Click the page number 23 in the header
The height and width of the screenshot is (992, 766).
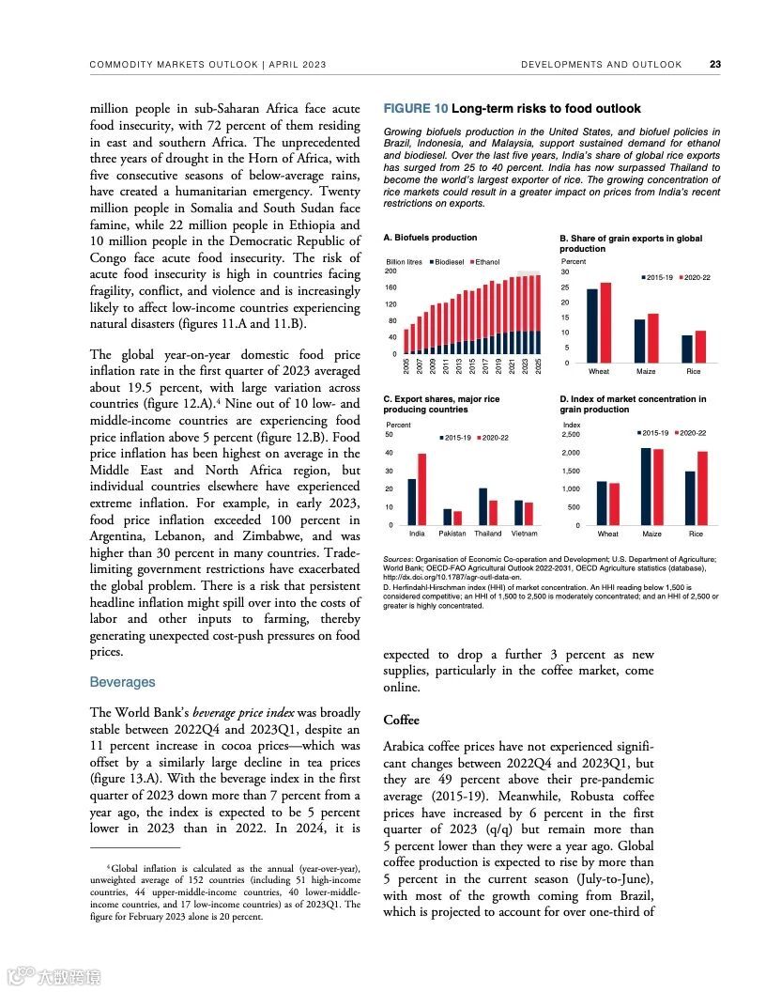(x=715, y=65)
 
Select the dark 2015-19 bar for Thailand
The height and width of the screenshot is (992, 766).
(x=483, y=506)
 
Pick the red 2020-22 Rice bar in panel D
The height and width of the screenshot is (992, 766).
(x=702, y=488)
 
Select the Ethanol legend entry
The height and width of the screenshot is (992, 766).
(x=487, y=262)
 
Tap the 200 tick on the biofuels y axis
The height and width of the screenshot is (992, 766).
(x=391, y=271)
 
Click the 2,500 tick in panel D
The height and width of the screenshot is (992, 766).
(x=572, y=435)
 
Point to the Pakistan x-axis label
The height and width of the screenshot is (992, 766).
(x=452, y=534)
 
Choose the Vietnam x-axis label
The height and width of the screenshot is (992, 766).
(x=524, y=534)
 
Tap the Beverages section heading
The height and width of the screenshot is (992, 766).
(x=122, y=682)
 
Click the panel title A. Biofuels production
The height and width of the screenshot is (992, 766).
(x=430, y=238)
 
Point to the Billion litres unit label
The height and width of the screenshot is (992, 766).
(x=405, y=262)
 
